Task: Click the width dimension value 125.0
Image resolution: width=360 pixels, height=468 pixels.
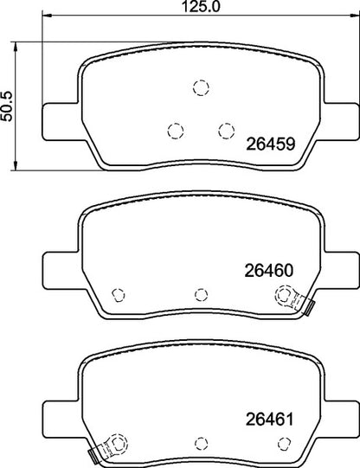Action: pyautogui.click(x=181, y=7)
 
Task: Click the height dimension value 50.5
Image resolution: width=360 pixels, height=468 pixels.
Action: pyautogui.click(x=7, y=104)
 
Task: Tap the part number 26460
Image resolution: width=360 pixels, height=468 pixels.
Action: pyautogui.click(x=267, y=269)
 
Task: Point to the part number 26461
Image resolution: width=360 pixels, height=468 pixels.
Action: pyautogui.click(x=267, y=422)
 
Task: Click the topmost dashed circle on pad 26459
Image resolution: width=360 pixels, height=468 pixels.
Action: pyautogui.click(x=201, y=87)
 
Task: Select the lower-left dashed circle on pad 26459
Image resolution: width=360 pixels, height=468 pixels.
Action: pyautogui.click(x=176, y=130)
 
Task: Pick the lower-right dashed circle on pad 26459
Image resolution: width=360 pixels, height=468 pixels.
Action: pyautogui.click(x=226, y=130)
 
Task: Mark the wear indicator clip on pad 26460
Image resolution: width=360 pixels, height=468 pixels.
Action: pyautogui.click(x=299, y=302)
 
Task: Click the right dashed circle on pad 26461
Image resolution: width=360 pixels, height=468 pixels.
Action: pyautogui.click(x=282, y=444)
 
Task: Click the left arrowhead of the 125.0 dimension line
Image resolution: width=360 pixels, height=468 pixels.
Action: pyautogui.click(x=45, y=17)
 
